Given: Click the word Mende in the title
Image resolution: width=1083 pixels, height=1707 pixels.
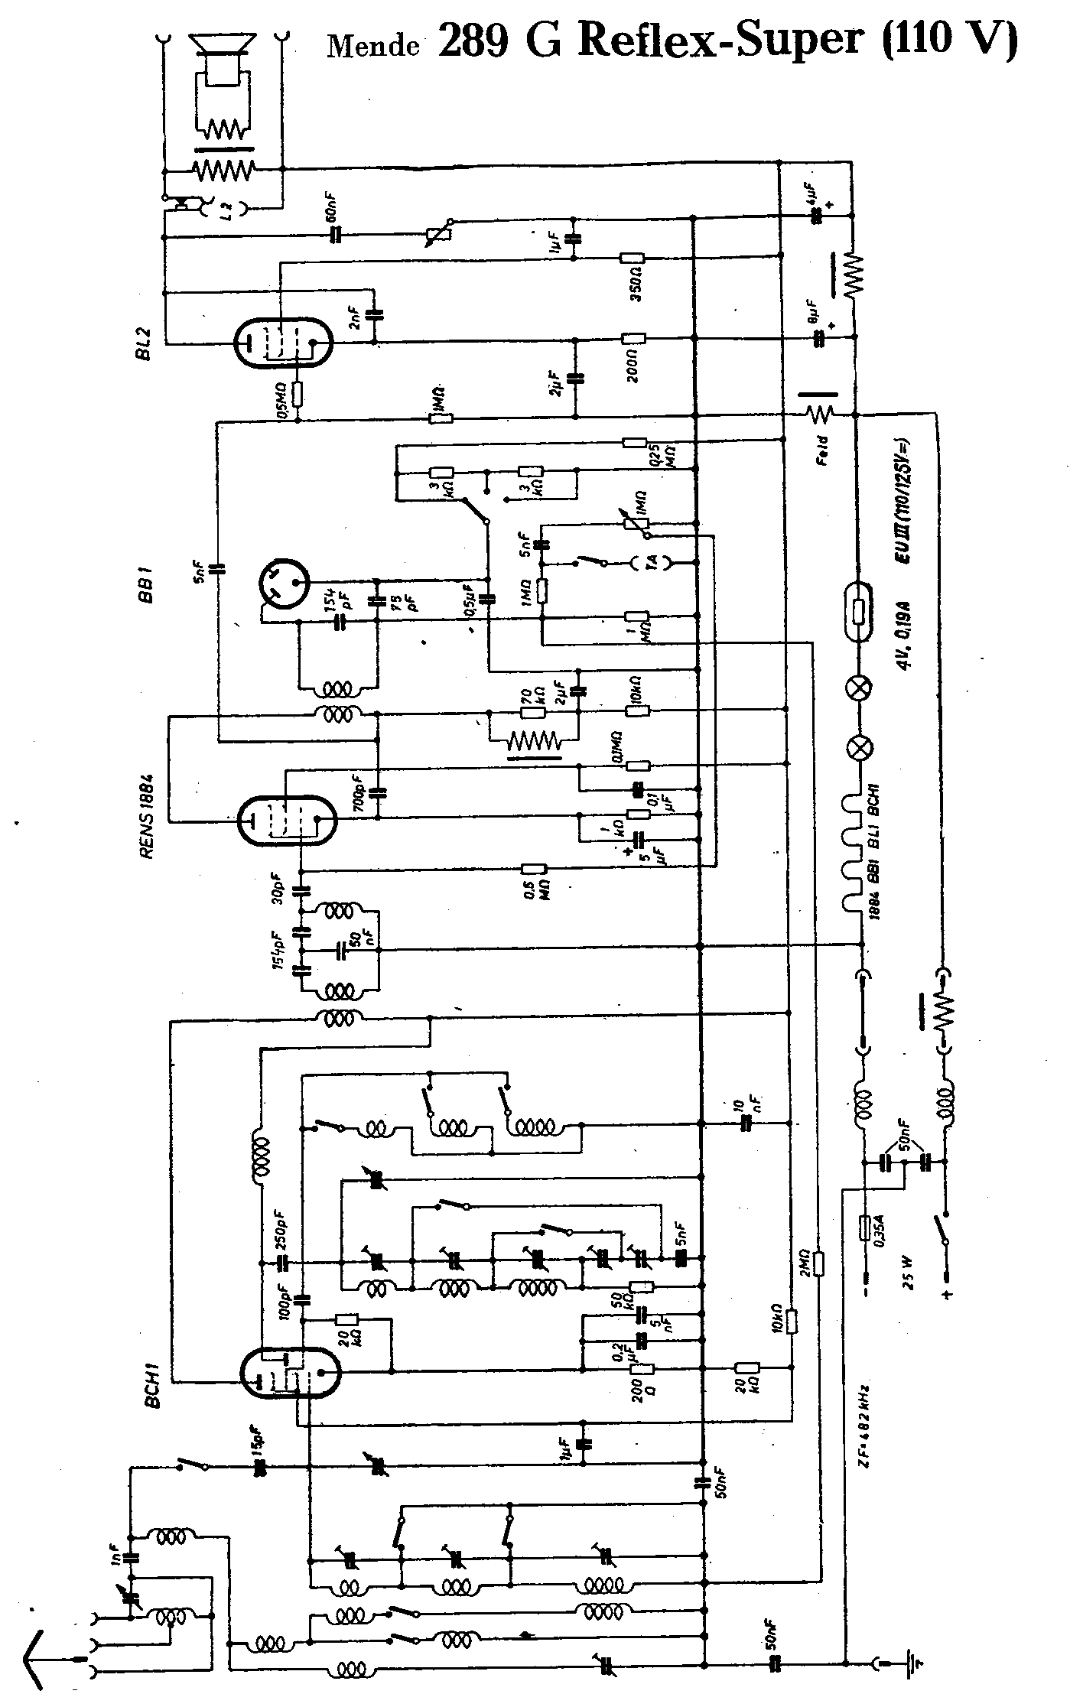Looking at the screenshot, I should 373,46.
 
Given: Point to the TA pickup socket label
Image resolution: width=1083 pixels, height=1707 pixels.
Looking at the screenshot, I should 652,562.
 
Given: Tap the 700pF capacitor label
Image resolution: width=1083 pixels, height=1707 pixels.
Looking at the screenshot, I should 358,792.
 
